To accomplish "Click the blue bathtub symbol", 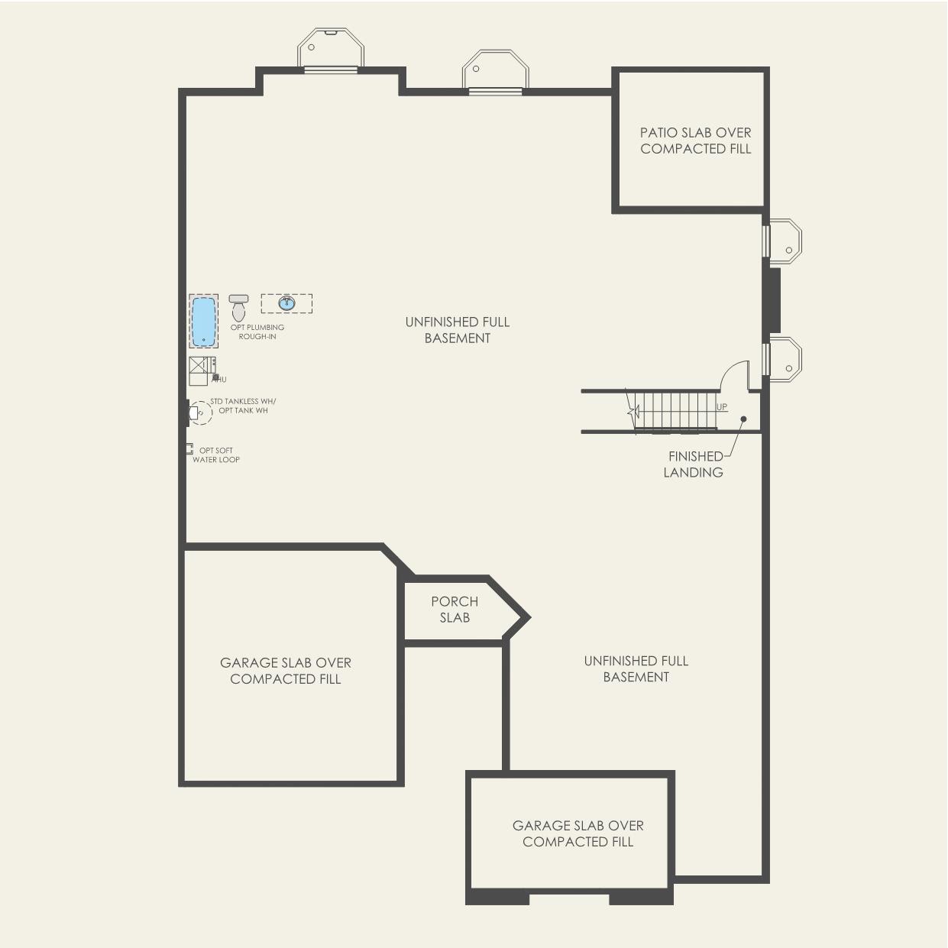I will tap(203, 321).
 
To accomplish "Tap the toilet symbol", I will tap(239, 308).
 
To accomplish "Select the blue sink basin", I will tap(287, 303).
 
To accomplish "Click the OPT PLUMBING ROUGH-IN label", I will tap(257, 332).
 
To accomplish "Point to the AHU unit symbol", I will tap(202, 370).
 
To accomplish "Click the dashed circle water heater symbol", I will tap(201, 413).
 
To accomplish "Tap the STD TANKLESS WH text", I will tap(243, 401).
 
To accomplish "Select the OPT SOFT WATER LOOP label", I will tap(216, 455).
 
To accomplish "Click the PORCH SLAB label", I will tap(455, 610).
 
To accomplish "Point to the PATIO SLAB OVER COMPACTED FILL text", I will tap(695, 141).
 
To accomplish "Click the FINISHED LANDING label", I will tap(694, 464).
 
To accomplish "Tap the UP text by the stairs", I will tap(722, 407).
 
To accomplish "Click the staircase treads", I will tap(675, 412).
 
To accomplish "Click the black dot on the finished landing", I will tap(743, 419).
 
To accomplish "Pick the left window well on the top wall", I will tap(330, 48).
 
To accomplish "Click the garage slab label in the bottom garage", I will tap(578, 833).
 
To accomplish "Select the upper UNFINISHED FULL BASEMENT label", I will tap(457, 330).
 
